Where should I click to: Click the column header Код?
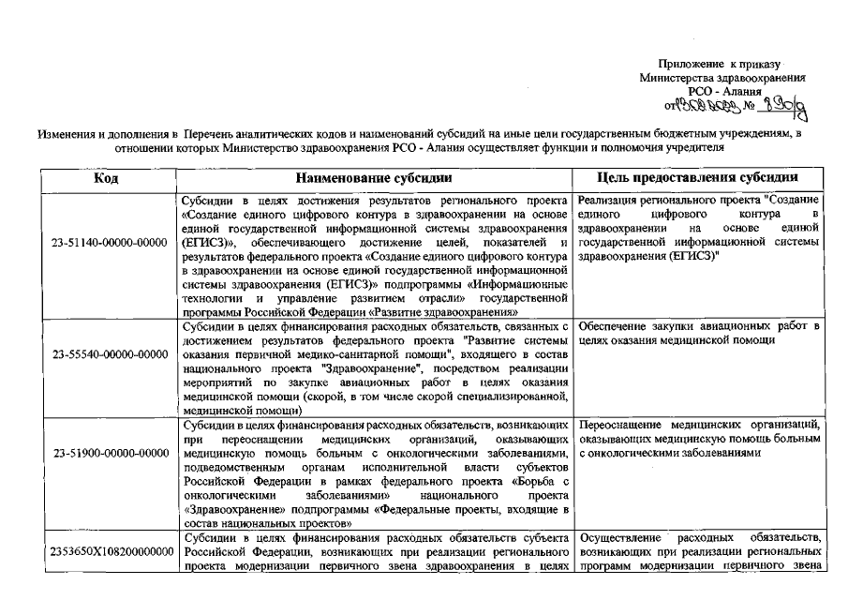click(x=105, y=177)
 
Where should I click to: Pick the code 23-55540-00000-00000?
click(x=111, y=355)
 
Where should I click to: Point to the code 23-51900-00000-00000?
click(x=111, y=455)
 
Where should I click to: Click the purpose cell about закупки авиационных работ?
click(x=700, y=332)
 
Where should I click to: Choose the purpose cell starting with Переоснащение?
click(x=700, y=440)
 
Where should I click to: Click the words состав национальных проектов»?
click(x=258, y=521)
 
